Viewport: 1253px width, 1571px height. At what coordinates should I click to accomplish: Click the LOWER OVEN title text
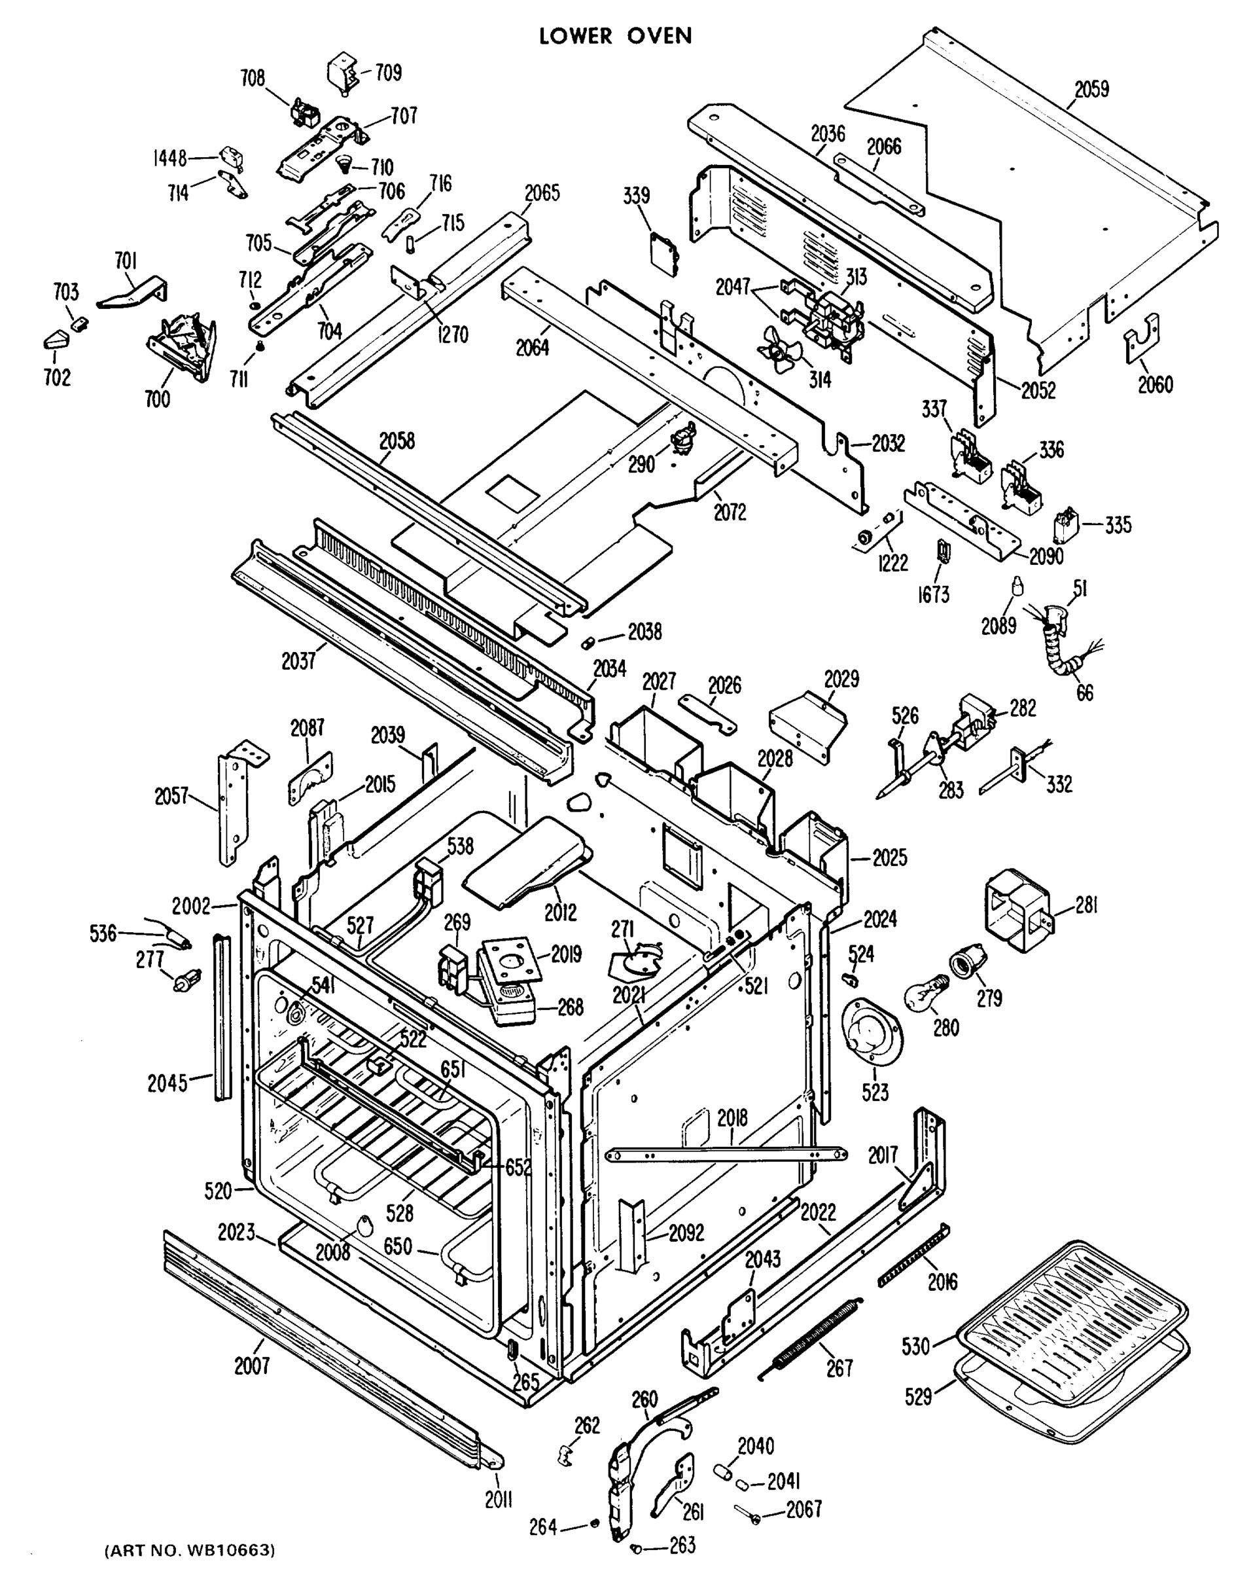coord(616,36)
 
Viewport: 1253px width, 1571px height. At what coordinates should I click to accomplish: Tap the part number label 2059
coord(1091,90)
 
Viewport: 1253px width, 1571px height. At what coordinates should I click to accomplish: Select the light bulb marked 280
coord(926,992)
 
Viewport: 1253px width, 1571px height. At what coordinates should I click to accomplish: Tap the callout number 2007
coord(252,1365)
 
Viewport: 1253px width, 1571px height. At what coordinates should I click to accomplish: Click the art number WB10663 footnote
coord(190,1549)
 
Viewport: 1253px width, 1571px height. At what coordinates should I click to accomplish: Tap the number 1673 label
coord(933,595)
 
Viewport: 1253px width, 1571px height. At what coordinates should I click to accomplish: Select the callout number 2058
coord(397,441)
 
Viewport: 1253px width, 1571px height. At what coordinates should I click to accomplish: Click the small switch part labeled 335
coord(1067,526)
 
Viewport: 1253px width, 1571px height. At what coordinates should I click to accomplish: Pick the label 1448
coord(169,158)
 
